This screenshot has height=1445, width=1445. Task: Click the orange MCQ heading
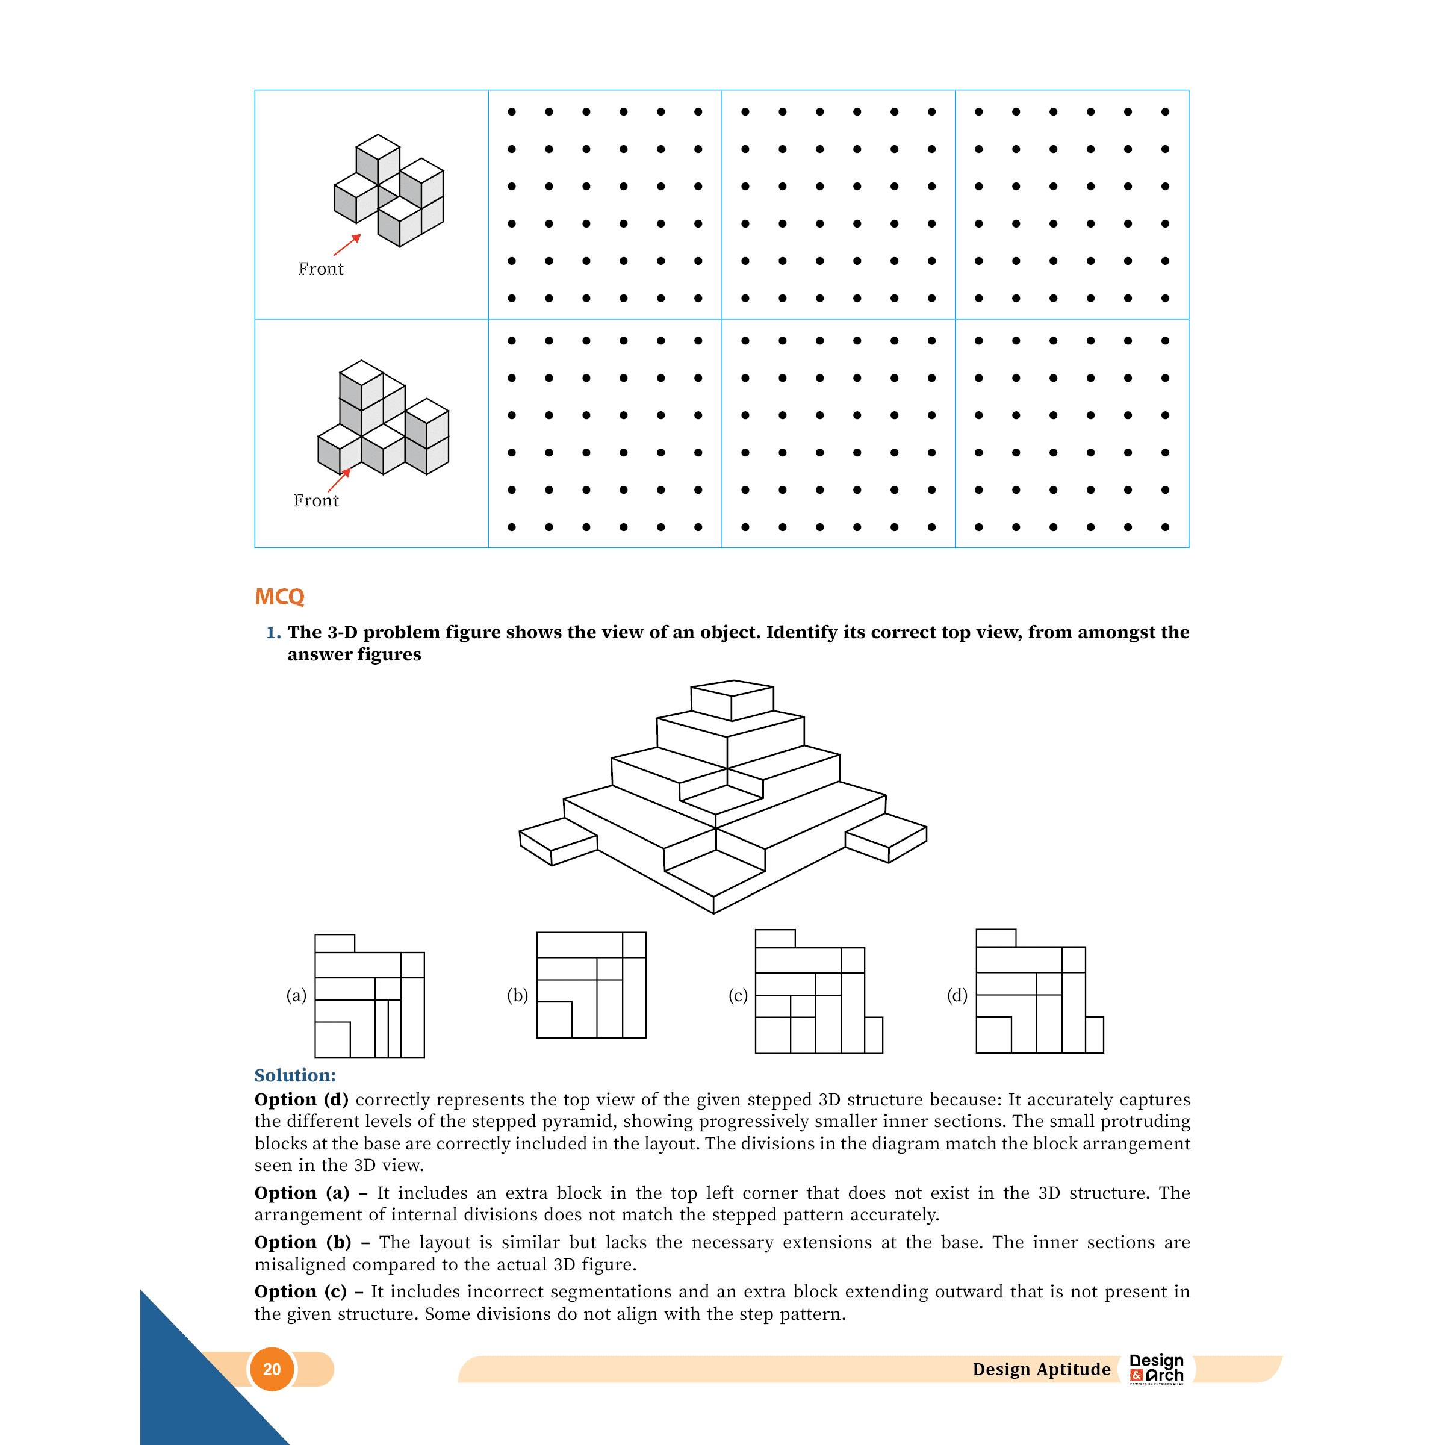tap(280, 596)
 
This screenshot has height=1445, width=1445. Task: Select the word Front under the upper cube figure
tap(321, 269)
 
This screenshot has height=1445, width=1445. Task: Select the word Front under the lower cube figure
tap(315, 500)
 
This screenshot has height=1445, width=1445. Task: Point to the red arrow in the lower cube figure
tap(339, 480)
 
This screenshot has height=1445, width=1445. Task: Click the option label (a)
tap(296, 995)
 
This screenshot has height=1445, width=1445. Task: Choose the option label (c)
tap(738, 995)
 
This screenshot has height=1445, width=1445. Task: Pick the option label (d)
tap(957, 995)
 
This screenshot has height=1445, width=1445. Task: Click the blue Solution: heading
tap(294, 1075)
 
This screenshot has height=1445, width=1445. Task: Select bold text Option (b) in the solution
tap(302, 1242)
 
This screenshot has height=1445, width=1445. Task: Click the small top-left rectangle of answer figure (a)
tap(334, 943)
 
